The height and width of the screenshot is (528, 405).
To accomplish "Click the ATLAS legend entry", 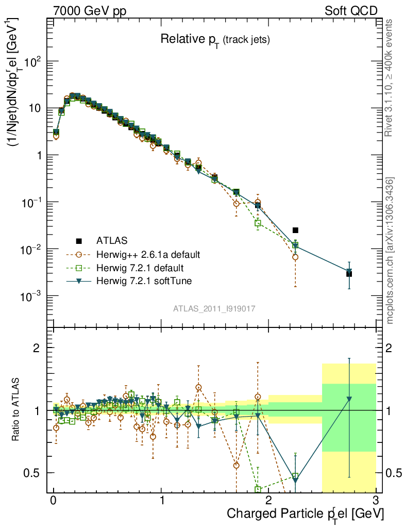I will point(110,240).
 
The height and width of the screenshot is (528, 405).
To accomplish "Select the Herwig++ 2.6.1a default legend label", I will point(148,254).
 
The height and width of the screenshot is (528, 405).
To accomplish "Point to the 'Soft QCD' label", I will point(351,11).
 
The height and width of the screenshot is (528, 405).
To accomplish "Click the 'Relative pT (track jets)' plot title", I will point(215,39).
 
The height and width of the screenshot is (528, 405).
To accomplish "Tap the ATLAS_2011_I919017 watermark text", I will point(215,308).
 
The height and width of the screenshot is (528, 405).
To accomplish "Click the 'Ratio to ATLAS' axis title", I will point(16,410).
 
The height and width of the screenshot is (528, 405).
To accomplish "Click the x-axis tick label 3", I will point(376,501).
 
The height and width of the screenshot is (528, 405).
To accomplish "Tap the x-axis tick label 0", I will point(54,501).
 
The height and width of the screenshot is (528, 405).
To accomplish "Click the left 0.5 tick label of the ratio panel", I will point(35,472).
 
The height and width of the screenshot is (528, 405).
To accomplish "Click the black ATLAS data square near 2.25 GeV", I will point(295,230).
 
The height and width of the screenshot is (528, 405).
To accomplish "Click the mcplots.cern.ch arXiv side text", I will point(390,251).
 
